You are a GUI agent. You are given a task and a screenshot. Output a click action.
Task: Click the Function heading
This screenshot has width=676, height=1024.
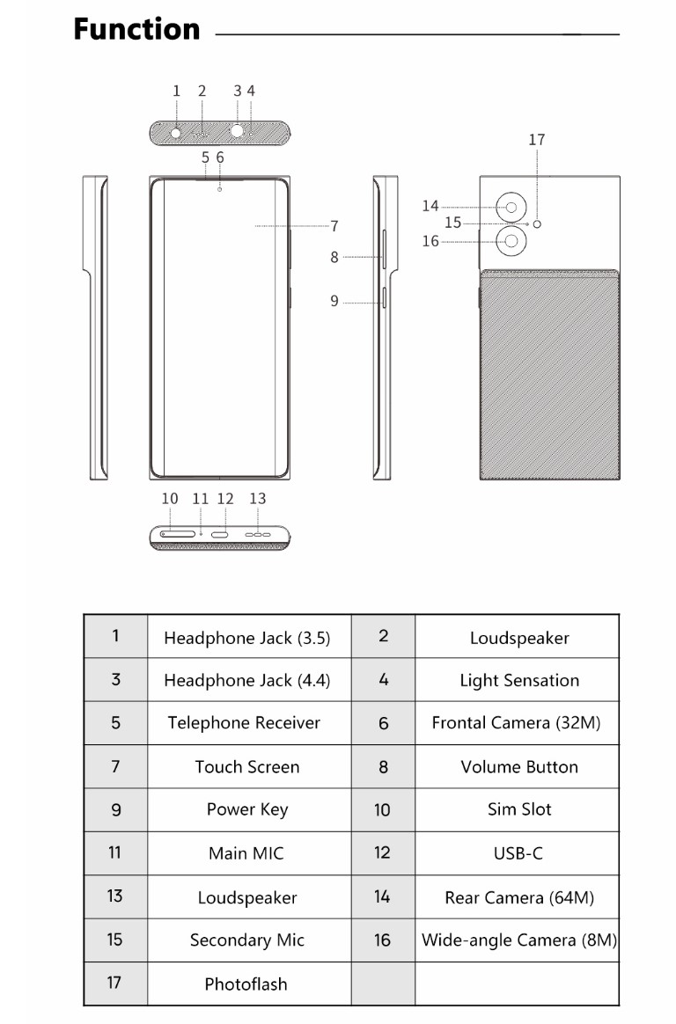tap(136, 29)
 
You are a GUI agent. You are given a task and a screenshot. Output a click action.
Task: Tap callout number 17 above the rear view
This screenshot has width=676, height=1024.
tap(537, 140)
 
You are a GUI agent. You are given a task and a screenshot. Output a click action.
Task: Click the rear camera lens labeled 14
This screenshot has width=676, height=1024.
tap(511, 208)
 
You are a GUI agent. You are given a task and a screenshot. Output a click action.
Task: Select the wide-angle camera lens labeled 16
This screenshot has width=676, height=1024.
tap(511, 241)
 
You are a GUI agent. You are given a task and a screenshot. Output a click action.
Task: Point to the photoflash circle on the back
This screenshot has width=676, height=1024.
tap(538, 224)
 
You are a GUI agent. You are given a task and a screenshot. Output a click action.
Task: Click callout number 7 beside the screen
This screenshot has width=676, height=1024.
tap(334, 226)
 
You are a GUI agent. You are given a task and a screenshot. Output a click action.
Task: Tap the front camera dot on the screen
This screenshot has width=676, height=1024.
tap(219, 189)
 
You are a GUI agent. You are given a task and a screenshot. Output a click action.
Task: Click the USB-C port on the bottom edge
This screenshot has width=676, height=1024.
tap(219, 534)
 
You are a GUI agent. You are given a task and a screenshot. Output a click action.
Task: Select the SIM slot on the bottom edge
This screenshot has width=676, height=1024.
tap(178, 534)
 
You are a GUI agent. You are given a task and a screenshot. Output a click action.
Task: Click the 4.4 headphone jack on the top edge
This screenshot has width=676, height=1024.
tap(237, 132)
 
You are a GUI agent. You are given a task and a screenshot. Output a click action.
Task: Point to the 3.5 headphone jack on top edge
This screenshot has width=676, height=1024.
tap(176, 133)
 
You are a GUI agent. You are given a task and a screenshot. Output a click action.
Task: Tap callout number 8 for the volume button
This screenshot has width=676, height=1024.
tap(334, 257)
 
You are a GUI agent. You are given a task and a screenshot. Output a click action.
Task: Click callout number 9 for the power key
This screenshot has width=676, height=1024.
tap(334, 301)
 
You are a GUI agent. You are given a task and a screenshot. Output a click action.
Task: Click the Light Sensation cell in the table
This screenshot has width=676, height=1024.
tap(518, 680)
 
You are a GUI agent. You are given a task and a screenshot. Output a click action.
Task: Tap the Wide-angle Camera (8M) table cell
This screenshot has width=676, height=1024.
tap(518, 940)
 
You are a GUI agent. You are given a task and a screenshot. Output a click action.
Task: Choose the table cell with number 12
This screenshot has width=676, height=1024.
tap(384, 853)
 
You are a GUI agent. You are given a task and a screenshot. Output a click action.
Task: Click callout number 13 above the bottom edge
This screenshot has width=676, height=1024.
tap(258, 499)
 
